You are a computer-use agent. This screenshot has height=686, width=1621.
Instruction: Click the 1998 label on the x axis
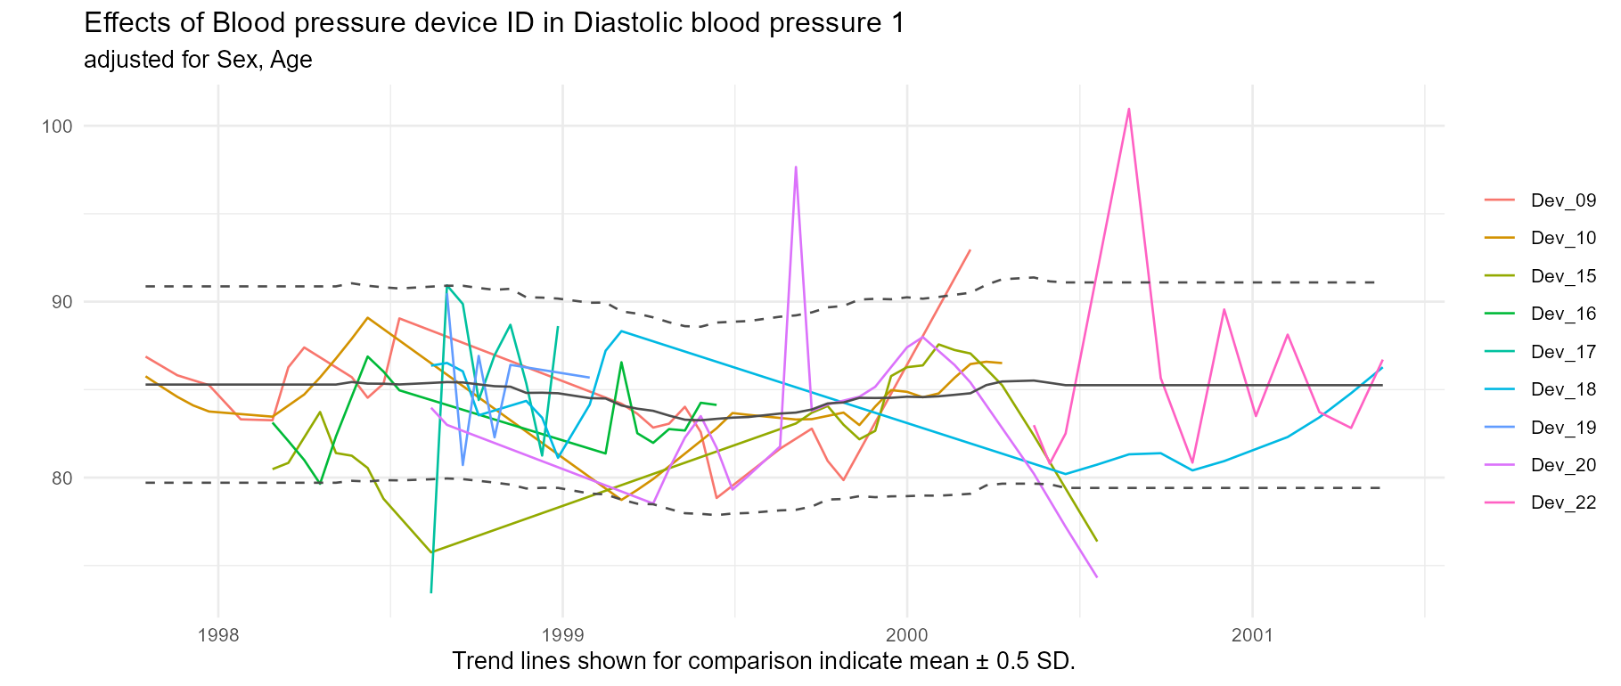pos(218,636)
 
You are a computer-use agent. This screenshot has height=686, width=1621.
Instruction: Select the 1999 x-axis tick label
pos(562,636)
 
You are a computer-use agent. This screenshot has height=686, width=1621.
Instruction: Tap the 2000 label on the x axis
pos(907,636)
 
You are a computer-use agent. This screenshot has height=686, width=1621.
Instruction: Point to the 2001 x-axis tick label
pos(1252,636)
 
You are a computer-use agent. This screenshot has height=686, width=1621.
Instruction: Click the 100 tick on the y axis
pos(56,126)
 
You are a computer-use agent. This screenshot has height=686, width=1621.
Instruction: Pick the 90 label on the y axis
pos(60,302)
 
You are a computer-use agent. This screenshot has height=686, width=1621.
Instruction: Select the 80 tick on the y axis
pos(60,478)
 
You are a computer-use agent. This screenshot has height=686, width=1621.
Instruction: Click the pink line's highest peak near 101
pos(1129,109)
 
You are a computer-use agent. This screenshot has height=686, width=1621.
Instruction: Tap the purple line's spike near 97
pos(796,167)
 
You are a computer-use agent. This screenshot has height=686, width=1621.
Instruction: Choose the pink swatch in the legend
pos(1499,503)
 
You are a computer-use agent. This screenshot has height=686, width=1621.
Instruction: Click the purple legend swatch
pos(1499,465)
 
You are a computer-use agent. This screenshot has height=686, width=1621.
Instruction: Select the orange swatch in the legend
pos(1499,238)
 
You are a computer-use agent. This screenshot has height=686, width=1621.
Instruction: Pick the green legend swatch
pos(1499,314)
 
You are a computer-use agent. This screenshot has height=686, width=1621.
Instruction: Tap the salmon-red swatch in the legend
pos(1499,200)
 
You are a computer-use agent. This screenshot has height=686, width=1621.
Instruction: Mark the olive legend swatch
pos(1499,276)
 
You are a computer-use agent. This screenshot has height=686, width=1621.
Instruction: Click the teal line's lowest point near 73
pos(431,592)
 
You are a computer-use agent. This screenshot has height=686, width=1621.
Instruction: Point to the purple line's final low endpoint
pos(1097,577)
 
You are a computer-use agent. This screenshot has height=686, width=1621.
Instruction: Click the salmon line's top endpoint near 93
pos(970,249)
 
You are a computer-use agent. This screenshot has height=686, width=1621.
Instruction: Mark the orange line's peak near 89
pos(367,317)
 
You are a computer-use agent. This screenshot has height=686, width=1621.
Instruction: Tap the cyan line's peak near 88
pos(620,331)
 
